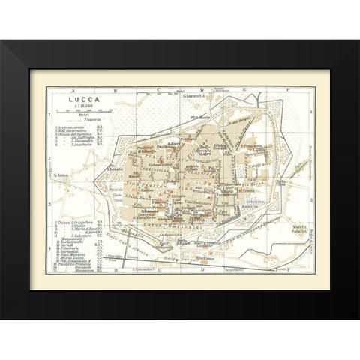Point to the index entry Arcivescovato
78,128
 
